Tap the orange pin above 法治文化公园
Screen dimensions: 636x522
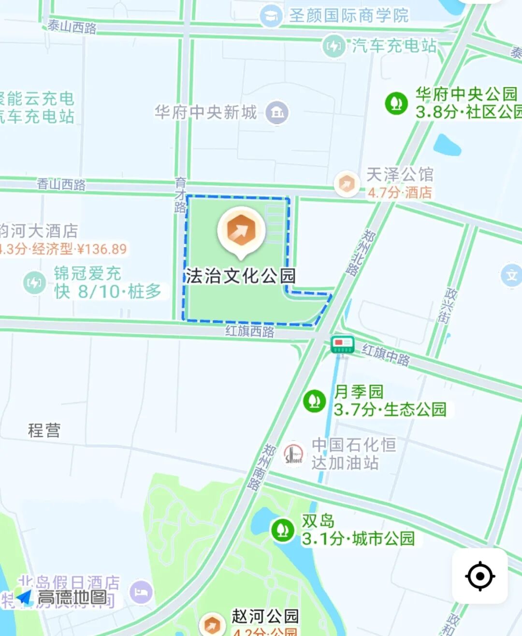[241, 231]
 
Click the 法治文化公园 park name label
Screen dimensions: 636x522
[241, 276]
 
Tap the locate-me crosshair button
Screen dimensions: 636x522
[479, 576]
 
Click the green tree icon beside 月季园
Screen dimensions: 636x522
[314, 401]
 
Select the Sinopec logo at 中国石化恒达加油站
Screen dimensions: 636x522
[293, 454]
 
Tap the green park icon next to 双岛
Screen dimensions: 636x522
[282, 530]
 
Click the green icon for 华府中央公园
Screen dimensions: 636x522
[396, 103]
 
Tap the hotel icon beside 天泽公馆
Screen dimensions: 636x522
[347, 184]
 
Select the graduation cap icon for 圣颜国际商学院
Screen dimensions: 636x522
[271, 16]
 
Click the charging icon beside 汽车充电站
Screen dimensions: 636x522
[333, 46]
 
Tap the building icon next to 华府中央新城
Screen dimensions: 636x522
[277, 113]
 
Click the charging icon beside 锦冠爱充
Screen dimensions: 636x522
[34, 282]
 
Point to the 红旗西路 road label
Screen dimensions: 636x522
[249, 331]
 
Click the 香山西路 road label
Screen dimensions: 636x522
[61, 184]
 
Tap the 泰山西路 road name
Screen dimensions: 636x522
[72, 26]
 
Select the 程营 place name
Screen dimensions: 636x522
[44, 430]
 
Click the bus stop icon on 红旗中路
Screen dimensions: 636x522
[342, 344]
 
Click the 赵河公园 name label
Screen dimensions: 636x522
[265, 616]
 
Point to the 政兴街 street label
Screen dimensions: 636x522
[447, 306]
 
